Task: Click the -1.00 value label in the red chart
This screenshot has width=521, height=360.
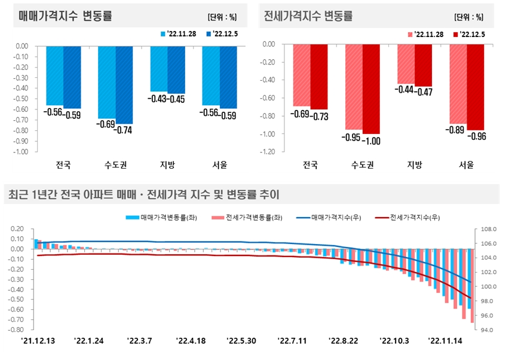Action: pyautogui.click(x=370, y=141)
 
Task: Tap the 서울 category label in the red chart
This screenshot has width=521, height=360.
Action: pyautogui.click(x=467, y=164)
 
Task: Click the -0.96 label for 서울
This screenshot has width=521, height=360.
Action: pyautogui.click(x=476, y=136)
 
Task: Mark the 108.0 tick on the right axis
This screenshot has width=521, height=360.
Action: pyautogui.click(x=486, y=229)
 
